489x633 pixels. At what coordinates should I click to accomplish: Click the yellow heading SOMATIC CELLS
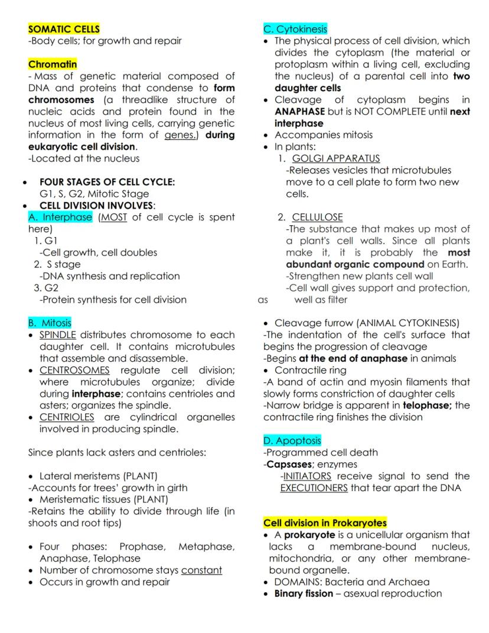pos(64,29)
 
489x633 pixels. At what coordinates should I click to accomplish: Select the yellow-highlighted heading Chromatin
pos(53,64)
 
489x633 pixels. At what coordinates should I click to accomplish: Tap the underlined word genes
pos(179,135)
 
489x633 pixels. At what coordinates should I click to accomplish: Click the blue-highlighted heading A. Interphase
pos(60,217)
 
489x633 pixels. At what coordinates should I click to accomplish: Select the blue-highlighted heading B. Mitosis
pos(50,323)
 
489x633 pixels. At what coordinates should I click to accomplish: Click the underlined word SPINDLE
pos(58,335)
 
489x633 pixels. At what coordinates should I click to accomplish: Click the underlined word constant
pos(201,570)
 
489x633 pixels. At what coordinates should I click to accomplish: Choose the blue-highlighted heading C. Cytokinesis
pos(295,29)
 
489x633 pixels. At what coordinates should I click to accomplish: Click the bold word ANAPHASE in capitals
pos(300,111)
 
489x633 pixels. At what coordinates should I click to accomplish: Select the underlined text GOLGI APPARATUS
pos(336,158)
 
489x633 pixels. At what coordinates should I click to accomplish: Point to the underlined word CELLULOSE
pos(317,217)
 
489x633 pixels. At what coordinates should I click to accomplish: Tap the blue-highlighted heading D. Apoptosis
pos(292,440)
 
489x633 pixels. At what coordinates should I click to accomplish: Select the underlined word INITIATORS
pos(307,476)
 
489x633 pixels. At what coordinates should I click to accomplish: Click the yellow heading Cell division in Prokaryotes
pos(325,523)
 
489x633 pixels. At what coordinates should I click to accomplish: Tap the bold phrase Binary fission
pos(304,593)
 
